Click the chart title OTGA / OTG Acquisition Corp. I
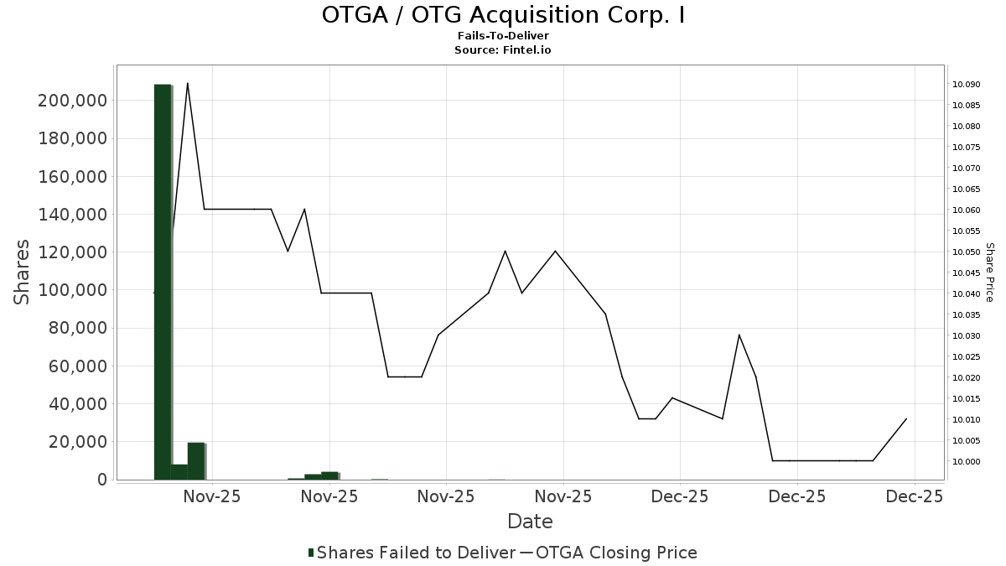(x=503, y=15)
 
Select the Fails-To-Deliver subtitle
(x=503, y=36)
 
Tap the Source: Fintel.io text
(x=503, y=50)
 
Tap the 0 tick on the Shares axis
(x=102, y=480)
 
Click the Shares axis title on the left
(x=22, y=273)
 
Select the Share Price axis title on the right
(x=989, y=273)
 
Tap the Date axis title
(x=530, y=522)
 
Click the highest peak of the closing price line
(x=187, y=83)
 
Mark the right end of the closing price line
(x=906, y=418)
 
